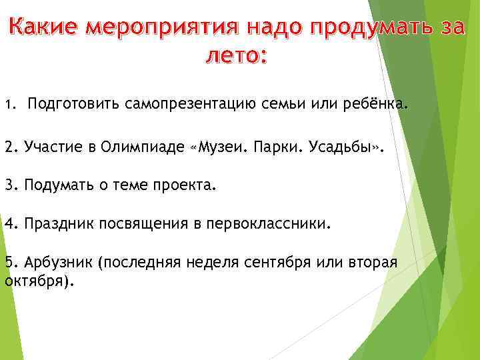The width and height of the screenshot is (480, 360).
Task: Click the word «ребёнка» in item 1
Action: point(371,105)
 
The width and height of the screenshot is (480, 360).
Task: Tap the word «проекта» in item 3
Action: point(188,185)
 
